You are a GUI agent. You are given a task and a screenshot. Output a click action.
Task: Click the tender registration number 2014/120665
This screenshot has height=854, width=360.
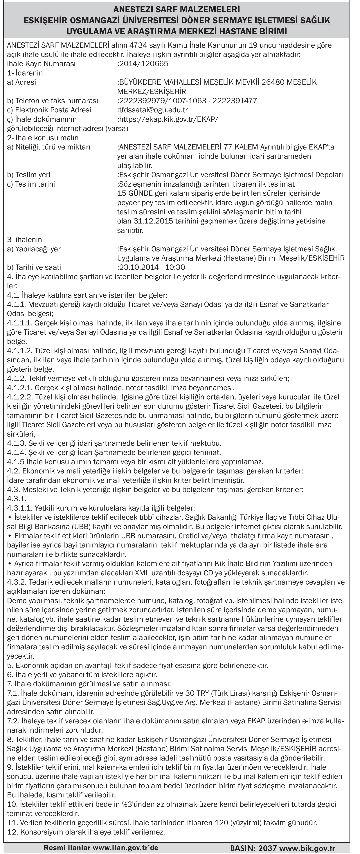point(143,64)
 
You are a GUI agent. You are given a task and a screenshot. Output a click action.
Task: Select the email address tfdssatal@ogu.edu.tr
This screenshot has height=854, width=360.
point(153,110)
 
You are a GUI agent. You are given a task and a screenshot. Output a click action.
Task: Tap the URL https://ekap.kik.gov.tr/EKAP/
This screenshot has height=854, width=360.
point(168,119)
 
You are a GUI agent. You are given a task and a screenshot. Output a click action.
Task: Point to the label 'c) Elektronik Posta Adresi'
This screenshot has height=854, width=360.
point(49,110)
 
